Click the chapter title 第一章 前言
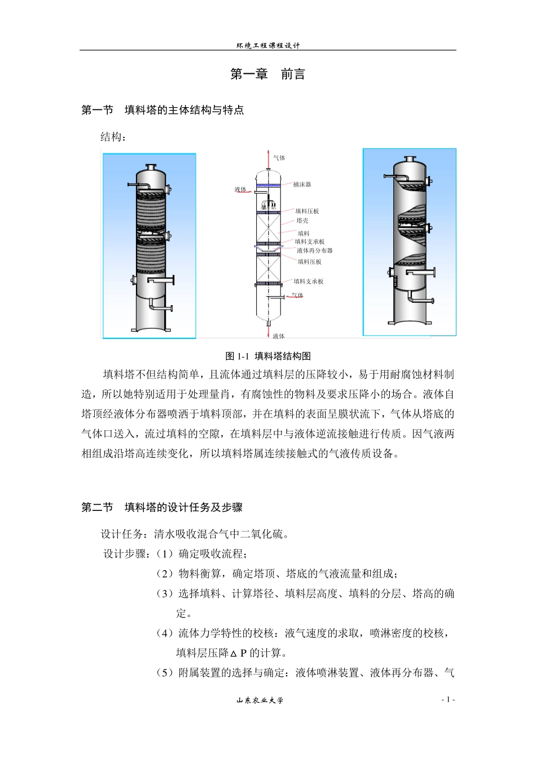tap(267, 74)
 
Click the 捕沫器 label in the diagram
tap(302, 184)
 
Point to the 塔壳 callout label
tap(302, 221)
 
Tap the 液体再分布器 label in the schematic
tap(315, 250)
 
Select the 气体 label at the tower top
tap(279, 158)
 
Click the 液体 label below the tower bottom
tap(279, 336)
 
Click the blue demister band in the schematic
tap(268, 185)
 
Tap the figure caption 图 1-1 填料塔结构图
tap(268, 356)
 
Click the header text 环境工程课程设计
tap(268, 46)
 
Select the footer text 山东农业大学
tap(260, 700)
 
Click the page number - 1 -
tap(448, 700)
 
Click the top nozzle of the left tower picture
tap(151, 167)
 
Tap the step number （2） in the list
tap(164, 574)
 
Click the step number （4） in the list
tap(164, 633)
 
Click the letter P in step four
tap(243, 653)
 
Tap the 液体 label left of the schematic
tap(240, 189)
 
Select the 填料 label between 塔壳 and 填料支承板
tap(304, 233)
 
